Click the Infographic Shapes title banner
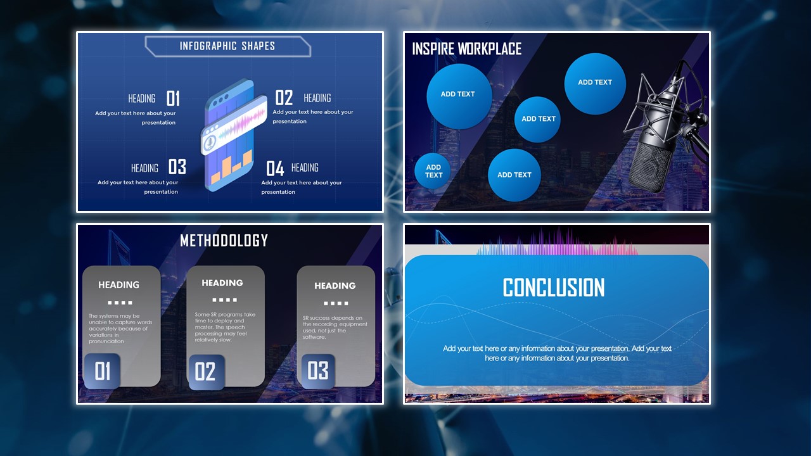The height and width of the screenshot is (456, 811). pos(227,46)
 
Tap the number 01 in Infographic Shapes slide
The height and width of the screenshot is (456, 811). pos(173,98)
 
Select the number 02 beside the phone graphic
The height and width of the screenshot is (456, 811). pos(284,98)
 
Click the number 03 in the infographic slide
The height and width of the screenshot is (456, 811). pos(177,167)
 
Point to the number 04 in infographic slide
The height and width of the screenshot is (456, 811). pos(275,168)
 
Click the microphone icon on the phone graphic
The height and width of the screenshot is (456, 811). pos(209,143)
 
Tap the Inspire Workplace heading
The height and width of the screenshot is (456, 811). pos(467,49)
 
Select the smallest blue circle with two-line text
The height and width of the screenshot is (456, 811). pos(433,171)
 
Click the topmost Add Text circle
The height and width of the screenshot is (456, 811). pos(595,84)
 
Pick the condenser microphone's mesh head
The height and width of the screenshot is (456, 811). pos(651,166)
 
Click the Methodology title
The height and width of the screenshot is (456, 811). pos(224,241)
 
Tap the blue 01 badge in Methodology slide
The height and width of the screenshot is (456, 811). pos(102,371)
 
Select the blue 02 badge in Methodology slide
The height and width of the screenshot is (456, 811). pos(207,372)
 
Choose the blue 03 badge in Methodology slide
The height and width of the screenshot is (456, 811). pos(318,371)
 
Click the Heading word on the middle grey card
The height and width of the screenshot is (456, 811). pos(222,283)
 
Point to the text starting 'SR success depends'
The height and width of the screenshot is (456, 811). pos(335,327)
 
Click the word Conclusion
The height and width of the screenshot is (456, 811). pos(554,288)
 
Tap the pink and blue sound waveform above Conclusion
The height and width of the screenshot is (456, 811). pos(558,243)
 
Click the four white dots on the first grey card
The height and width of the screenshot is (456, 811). pos(120,303)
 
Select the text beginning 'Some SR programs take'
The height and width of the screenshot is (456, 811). pos(225,327)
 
